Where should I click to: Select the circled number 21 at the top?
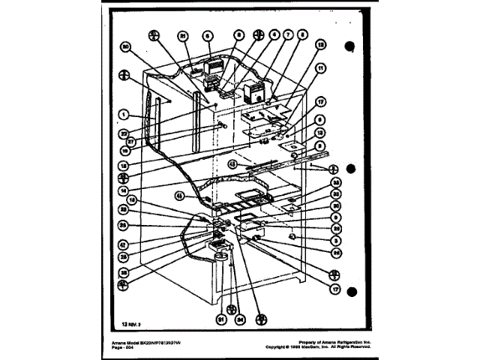pyautogui.click(x=183, y=35)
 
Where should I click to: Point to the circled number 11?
pyautogui.click(x=321, y=68)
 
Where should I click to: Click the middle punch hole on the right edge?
pyautogui.click(x=349, y=171)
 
